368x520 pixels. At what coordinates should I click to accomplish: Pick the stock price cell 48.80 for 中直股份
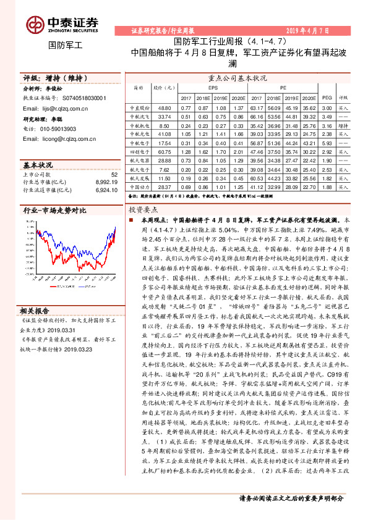[164, 107]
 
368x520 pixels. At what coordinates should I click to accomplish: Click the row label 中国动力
[137, 186]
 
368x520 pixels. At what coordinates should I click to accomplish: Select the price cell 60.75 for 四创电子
[164, 151]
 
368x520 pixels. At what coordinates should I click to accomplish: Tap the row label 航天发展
[137, 177]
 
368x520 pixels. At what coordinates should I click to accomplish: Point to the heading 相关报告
[35, 311]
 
